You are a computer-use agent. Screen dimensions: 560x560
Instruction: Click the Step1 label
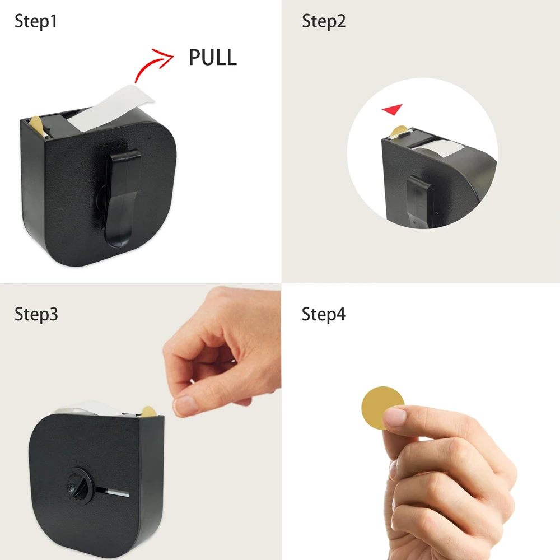pos(36,21)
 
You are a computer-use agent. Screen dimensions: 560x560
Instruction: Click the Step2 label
pos(324,21)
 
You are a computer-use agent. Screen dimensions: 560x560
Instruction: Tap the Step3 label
pos(36,315)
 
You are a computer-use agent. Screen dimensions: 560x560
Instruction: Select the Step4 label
pos(324,315)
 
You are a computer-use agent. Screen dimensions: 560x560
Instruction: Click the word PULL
pos(212,57)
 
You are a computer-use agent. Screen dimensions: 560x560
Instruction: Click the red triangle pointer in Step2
pos(393,109)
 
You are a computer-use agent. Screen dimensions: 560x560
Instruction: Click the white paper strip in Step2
pos(439,147)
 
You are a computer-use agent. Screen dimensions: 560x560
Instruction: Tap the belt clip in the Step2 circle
pos(419,200)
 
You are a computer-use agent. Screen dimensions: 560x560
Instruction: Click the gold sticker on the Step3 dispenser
pos(148,412)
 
